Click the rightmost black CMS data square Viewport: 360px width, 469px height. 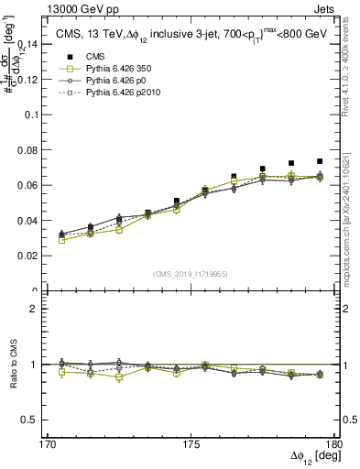point(320,161)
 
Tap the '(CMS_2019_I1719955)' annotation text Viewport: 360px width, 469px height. point(190,273)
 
